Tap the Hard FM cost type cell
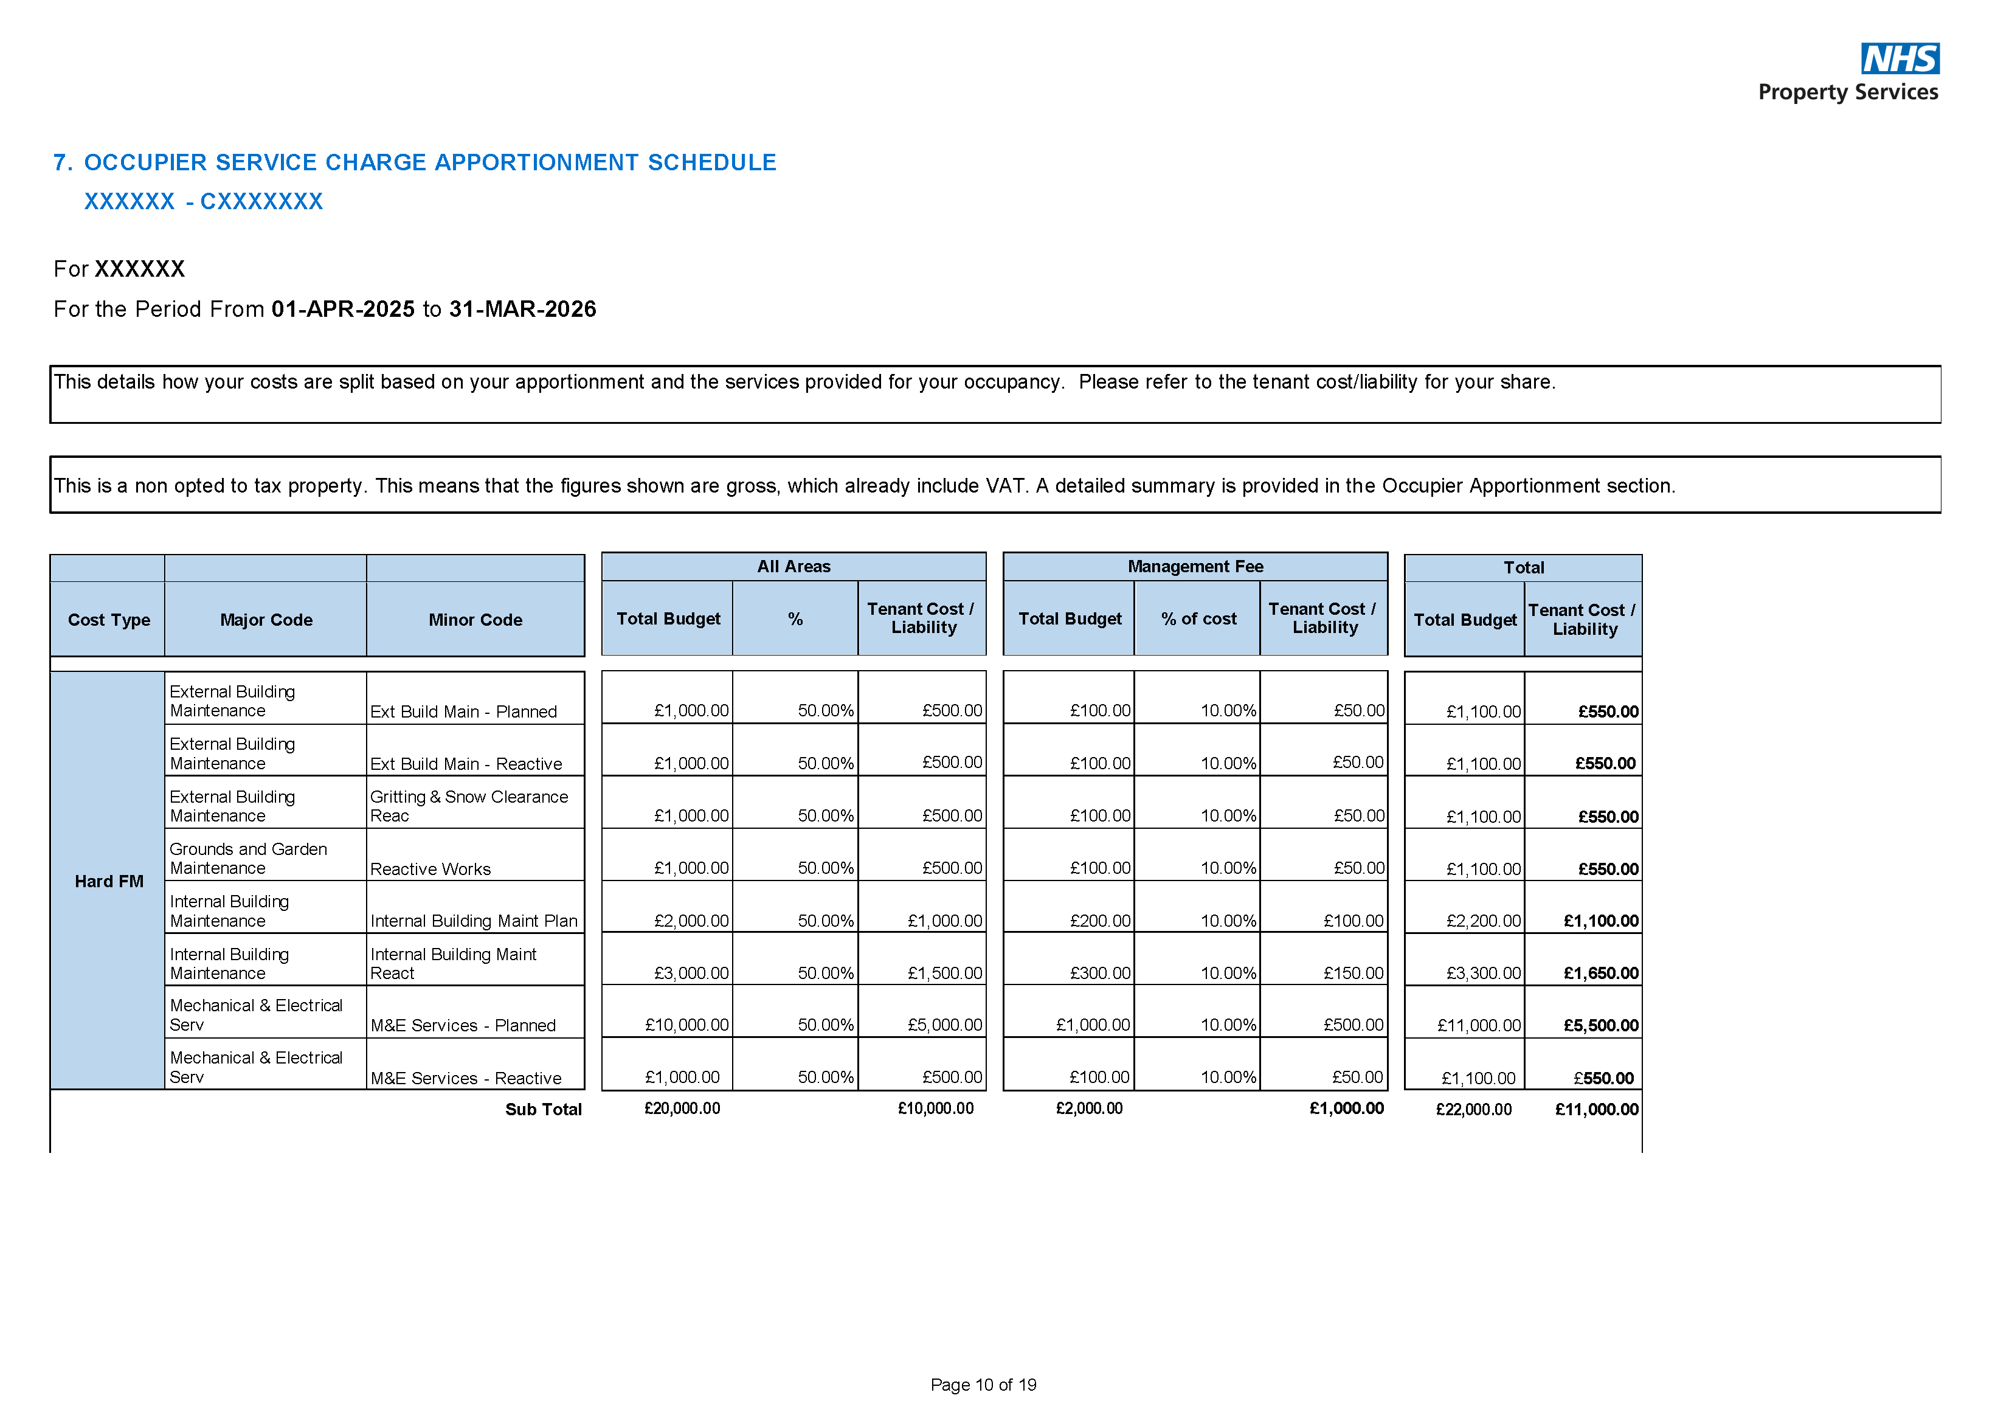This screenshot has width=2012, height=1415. pyautogui.click(x=109, y=882)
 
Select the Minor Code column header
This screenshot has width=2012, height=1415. pyautogui.click(x=475, y=620)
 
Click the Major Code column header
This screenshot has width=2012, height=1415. pyautogui.click(x=266, y=620)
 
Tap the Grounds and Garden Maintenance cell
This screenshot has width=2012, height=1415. pyautogui.click(x=248, y=859)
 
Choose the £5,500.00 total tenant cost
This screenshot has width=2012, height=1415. pyautogui.click(x=1600, y=1025)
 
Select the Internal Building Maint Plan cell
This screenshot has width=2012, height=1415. pyautogui.click(x=473, y=921)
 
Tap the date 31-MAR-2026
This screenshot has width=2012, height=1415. pyautogui.click(x=522, y=310)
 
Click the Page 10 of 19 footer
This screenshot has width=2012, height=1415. pyautogui.click(x=983, y=1385)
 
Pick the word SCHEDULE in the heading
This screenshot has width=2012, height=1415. pyautogui.click(x=711, y=163)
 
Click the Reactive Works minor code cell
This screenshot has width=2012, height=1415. pyautogui.click(x=430, y=869)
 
